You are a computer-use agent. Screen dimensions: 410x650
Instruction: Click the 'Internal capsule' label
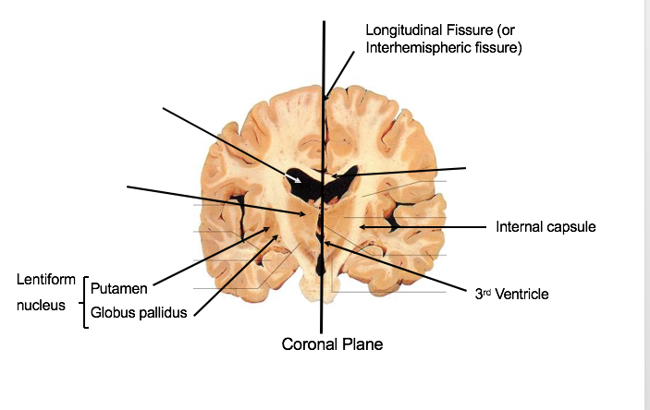546,226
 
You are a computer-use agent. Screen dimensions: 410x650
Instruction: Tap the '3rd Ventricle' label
511,295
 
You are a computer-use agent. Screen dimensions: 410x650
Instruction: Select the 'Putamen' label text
119,289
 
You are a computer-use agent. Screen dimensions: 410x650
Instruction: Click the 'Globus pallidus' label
139,312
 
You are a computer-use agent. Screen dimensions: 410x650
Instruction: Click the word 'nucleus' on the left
41,304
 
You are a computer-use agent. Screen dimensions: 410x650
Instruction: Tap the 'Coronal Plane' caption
332,344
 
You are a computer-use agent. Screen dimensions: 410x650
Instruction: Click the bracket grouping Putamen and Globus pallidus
84,301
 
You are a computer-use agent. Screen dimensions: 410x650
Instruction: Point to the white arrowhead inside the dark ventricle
311,183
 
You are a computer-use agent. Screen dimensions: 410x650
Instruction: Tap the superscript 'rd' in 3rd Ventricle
486,291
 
